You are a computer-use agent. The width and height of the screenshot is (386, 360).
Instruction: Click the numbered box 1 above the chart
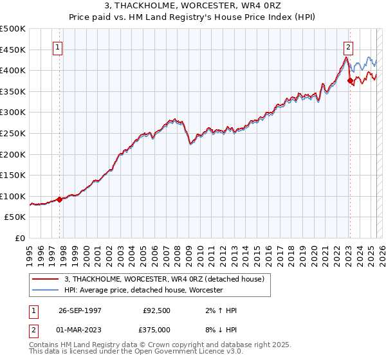coord(58,46)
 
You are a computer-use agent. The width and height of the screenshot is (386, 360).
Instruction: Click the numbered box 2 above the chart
coord(348,46)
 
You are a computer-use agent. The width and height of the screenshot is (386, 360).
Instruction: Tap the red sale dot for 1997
coord(60,199)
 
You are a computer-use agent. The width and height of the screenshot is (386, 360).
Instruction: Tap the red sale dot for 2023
coord(350,80)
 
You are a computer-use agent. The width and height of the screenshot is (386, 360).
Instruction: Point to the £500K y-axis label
coord(13,29)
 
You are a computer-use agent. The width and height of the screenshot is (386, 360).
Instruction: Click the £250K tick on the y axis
coord(13,133)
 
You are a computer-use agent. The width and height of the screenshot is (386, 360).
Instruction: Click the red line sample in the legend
coord(46,278)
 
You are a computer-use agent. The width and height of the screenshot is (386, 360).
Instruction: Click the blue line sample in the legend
coord(46,290)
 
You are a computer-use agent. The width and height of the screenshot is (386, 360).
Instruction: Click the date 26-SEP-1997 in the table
coord(80,310)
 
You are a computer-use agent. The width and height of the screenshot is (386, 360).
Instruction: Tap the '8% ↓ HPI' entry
coord(221,331)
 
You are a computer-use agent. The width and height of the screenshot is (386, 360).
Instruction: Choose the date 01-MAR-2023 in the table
coord(80,331)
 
